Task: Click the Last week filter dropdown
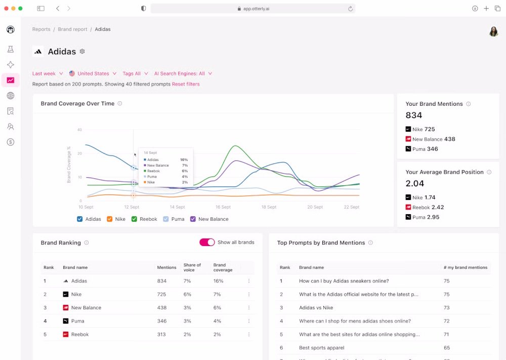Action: point(48,73)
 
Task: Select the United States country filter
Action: point(93,73)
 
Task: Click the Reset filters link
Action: point(186,84)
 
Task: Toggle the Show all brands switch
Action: point(207,243)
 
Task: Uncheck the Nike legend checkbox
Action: point(110,219)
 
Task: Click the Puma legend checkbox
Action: point(165,219)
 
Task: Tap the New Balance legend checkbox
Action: point(193,219)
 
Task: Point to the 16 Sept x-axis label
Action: point(223,207)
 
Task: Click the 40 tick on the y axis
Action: point(79,130)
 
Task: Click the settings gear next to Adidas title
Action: point(82,52)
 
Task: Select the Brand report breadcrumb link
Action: point(72,29)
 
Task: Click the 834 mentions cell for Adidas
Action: point(162,281)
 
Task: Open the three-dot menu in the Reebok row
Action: point(248,334)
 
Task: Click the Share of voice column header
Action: point(192,267)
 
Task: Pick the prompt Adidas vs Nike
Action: point(316,308)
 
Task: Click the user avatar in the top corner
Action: point(493,31)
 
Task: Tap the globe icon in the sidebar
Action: point(10,96)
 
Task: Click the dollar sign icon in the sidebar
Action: point(10,142)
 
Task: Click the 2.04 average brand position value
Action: point(415,183)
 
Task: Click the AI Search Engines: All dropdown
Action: point(183,73)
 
